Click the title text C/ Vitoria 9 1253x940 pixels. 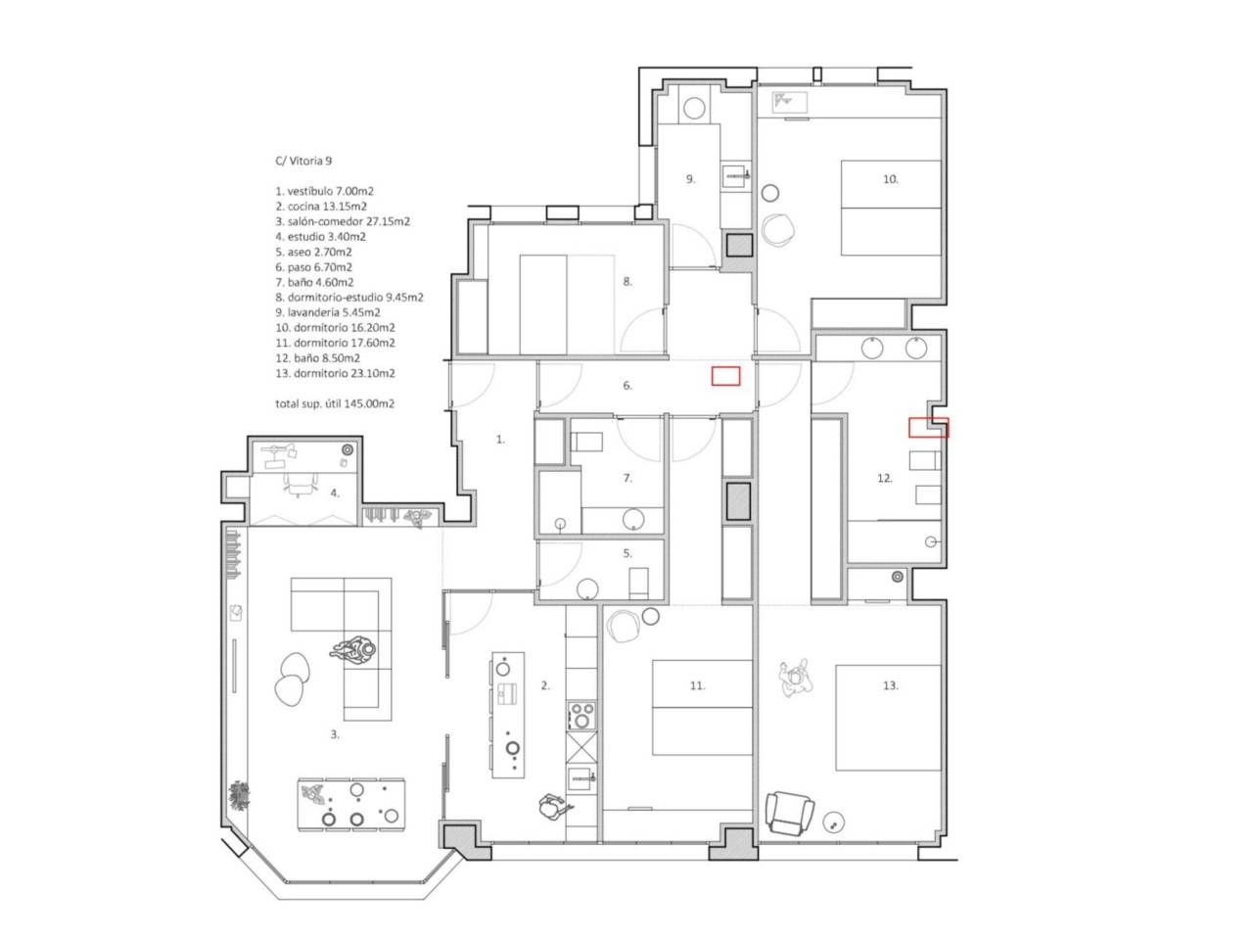[303, 161]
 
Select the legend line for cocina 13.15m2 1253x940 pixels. [321, 206]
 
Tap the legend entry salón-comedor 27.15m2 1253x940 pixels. [343, 221]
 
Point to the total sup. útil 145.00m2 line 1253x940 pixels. [335, 403]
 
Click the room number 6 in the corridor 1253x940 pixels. [627, 386]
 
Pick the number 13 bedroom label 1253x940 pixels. [891, 685]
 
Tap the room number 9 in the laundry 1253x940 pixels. [691, 179]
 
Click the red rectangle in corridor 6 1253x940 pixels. [725, 376]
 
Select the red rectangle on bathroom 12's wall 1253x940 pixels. [928, 428]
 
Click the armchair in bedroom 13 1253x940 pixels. [790, 813]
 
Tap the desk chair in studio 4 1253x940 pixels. [301, 485]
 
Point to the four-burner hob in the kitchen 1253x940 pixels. [581, 716]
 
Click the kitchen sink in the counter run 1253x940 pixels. [581, 776]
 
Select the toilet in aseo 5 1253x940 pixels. [639, 583]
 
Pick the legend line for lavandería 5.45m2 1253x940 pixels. [328, 312]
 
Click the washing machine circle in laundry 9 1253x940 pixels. [694, 109]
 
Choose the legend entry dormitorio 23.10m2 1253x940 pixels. [335, 373]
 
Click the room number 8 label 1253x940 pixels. [627, 282]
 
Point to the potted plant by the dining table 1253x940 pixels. [239, 796]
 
